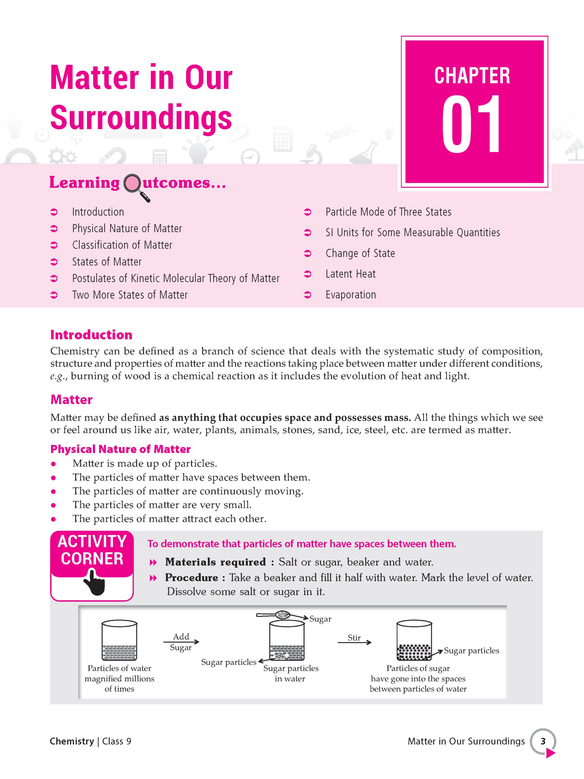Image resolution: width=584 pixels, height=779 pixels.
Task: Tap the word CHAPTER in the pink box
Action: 472,76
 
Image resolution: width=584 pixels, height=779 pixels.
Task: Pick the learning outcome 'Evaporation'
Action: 351,295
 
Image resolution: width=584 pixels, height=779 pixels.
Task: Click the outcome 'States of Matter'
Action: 107,262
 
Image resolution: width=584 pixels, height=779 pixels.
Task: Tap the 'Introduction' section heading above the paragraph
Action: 91,334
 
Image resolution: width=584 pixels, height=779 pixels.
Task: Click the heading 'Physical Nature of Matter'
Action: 120,449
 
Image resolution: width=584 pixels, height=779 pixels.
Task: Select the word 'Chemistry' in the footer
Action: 72,741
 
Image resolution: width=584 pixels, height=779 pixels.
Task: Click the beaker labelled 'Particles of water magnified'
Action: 119,640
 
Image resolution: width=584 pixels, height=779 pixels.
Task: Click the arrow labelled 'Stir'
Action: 354,643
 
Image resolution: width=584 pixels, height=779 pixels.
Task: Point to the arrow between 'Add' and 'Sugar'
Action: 181,642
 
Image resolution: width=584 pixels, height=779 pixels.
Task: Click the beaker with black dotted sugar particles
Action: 414,640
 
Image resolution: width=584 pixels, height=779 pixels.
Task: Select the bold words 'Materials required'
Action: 215,562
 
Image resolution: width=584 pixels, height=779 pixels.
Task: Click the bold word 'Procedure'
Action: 191,578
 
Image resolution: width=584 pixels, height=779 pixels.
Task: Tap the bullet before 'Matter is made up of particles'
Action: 54,464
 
